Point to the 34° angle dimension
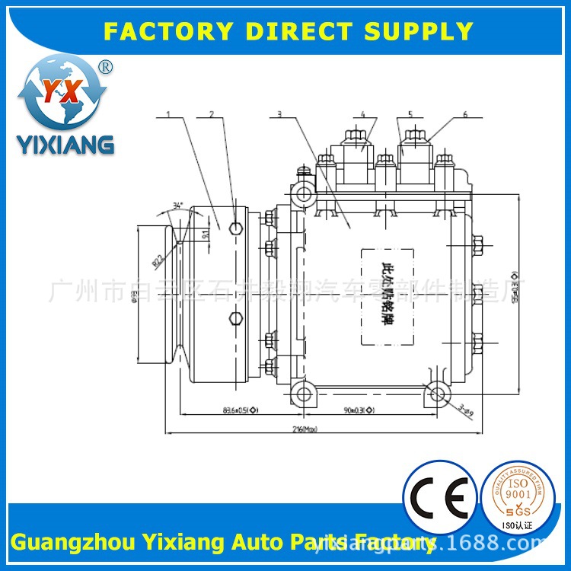(x=177, y=206)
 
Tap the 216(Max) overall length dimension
(x=305, y=429)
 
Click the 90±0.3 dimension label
(x=359, y=410)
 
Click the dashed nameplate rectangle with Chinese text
(x=387, y=295)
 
